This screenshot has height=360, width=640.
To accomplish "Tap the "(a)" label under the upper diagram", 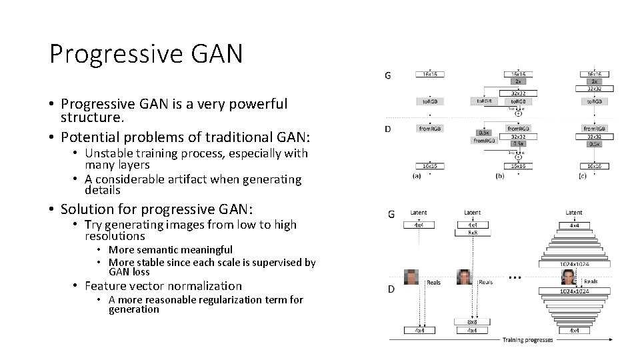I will pyautogui.click(x=417, y=177).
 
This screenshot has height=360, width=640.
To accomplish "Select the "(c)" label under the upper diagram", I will pyautogui.click(x=583, y=177).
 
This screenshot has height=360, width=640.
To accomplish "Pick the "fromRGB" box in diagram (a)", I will pyautogui.click(x=430, y=128).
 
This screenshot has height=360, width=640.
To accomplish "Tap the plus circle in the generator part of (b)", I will pyautogui.click(x=517, y=114).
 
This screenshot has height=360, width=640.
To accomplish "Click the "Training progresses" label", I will pyautogui.click(x=527, y=340).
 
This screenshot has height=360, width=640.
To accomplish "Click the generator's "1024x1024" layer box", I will pyautogui.click(x=573, y=263).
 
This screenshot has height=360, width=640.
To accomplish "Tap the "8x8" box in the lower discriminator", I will pyautogui.click(x=472, y=321).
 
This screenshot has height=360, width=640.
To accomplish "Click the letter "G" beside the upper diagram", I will pyautogui.click(x=388, y=75).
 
